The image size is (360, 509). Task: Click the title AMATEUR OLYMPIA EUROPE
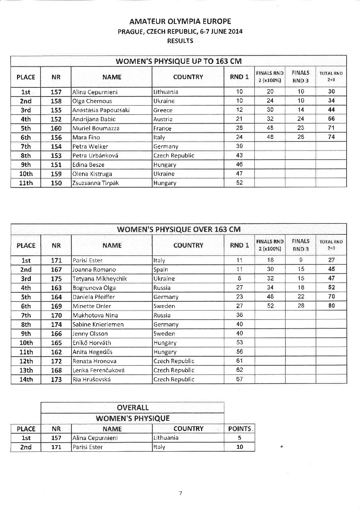coord(180,21)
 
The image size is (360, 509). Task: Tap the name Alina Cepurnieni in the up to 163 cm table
coord(95,92)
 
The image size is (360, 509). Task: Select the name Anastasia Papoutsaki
coord(101,110)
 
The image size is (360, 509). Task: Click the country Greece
coord(163,110)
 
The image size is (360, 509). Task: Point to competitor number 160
coord(56,128)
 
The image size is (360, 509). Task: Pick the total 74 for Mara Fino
coord(331,137)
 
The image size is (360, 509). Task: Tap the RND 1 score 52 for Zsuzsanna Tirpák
coord(239,183)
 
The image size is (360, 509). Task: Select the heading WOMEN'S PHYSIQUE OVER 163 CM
coord(179,229)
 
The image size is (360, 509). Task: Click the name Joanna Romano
coord(94,270)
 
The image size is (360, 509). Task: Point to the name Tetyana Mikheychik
coord(100,279)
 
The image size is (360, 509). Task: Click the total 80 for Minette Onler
coord(331,306)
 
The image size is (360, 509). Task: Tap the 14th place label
coord(26,379)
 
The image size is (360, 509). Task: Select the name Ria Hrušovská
coord(92,379)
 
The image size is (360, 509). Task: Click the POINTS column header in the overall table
coord(240,429)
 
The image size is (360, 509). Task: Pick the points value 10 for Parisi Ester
coord(240,447)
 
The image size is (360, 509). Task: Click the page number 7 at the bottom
coord(180,493)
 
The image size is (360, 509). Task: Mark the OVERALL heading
coord(132,407)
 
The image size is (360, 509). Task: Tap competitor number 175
coord(56,279)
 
